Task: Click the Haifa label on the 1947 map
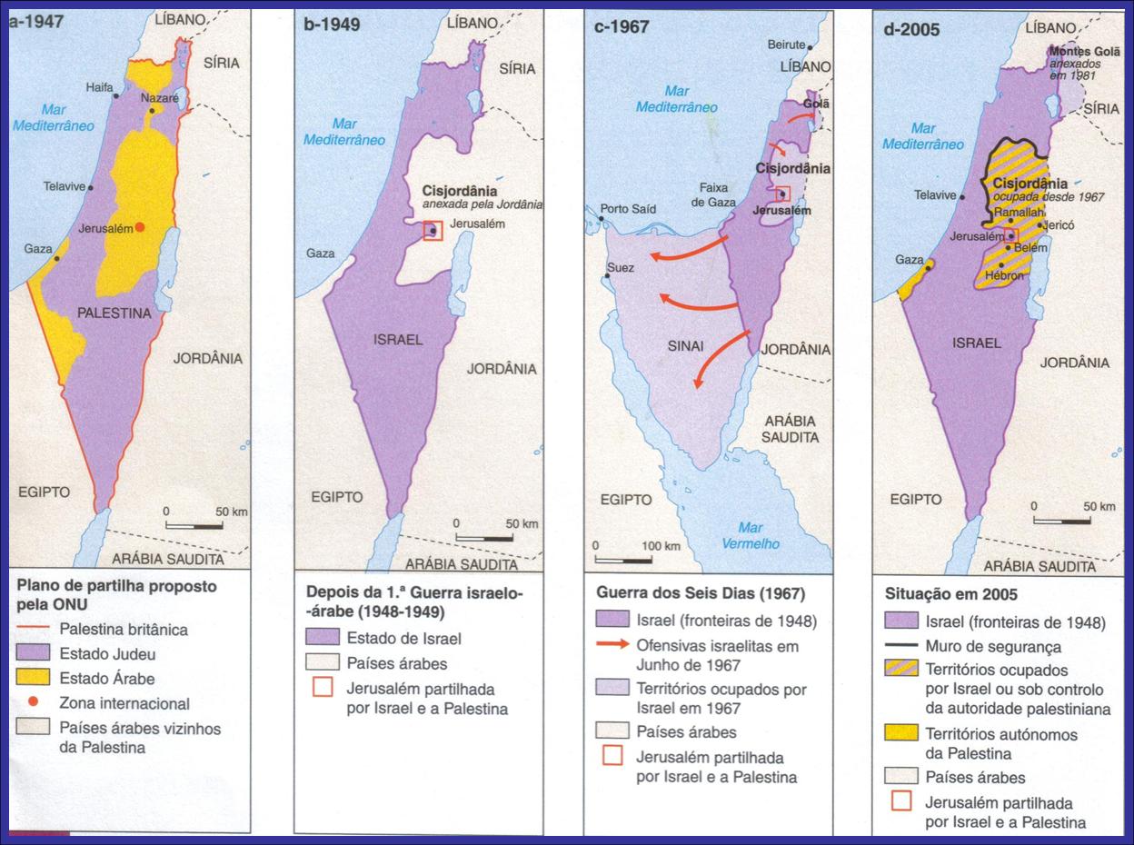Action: click(x=99, y=87)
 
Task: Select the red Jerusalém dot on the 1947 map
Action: click(x=140, y=228)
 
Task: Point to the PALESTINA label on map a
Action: click(x=114, y=313)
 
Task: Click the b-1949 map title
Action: click(x=332, y=25)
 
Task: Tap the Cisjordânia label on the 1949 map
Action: click(x=460, y=192)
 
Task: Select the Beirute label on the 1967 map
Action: click(x=786, y=45)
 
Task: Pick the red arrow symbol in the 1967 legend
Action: click(x=614, y=645)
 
